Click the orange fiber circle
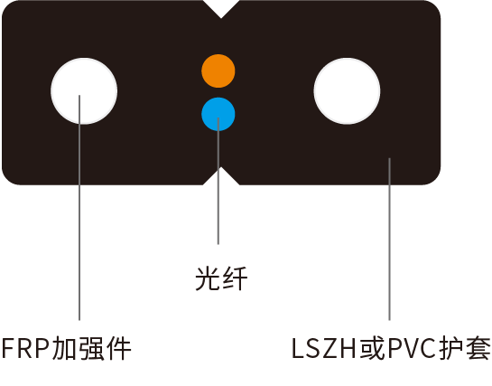tap(218, 71)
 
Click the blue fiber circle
tap(218, 114)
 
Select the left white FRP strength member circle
tap(84, 91)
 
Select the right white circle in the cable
tap(347, 91)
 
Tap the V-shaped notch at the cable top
tap(221, 9)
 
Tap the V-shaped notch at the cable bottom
tap(221, 176)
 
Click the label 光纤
tap(221, 278)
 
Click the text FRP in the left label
tap(26, 348)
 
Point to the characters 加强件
tap(91, 348)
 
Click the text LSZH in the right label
tap(324, 348)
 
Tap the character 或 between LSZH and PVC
tap(373, 348)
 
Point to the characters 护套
tap(465, 348)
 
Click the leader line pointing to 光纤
tap(218, 181)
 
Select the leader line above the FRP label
tap(79, 208)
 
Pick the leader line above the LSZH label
tap(389, 239)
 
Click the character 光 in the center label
tap(208, 278)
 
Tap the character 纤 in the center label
tap(235, 278)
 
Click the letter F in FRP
tap(9, 348)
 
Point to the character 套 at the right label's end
tap(478, 348)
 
